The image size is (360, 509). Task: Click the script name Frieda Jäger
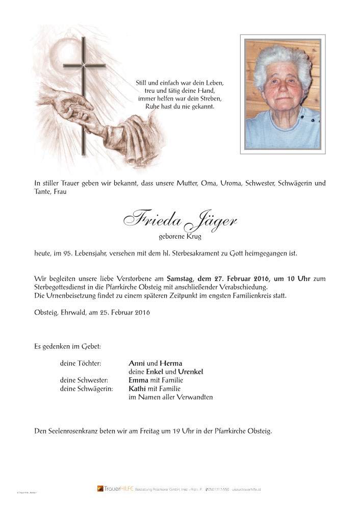[179, 219]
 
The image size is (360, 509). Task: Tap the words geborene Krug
[180, 237]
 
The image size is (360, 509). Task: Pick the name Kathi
[138, 389]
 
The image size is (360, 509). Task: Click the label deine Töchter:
[80, 363]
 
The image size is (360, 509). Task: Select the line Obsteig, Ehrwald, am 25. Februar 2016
[91, 312]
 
